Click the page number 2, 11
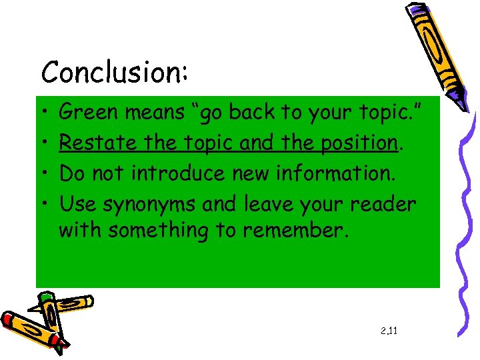(389, 330)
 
